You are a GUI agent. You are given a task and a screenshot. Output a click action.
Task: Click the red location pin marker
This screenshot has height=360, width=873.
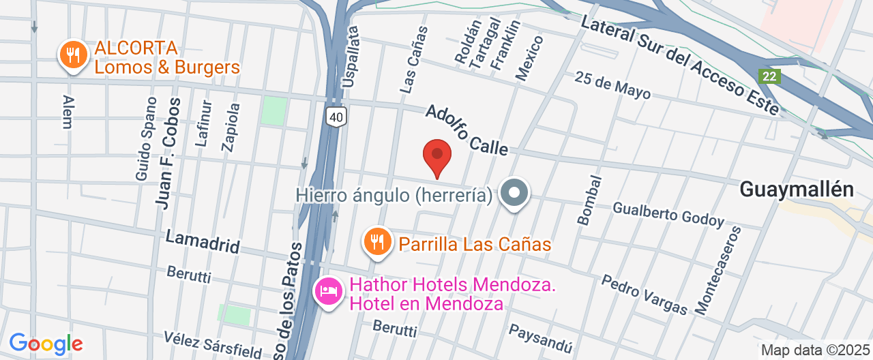click(x=437, y=156)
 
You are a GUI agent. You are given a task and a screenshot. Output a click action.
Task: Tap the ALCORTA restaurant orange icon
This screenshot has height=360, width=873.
click(x=72, y=55)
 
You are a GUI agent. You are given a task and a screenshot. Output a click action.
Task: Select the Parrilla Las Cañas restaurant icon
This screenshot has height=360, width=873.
click(x=376, y=241)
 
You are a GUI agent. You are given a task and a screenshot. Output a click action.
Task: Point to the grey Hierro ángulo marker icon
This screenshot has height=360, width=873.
click(x=514, y=194)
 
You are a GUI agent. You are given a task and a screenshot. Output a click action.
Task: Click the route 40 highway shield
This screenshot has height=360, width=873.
click(x=335, y=117)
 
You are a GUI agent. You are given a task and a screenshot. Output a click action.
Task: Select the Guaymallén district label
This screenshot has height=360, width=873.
click(x=797, y=190)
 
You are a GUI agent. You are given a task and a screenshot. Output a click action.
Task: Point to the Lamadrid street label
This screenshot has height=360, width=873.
click(x=203, y=241)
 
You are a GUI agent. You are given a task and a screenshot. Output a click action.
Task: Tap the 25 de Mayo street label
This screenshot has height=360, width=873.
click(x=612, y=85)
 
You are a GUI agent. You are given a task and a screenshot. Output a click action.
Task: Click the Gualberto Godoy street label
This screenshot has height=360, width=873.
click(x=668, y=213)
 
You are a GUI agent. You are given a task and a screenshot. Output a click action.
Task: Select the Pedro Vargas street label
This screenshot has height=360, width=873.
click(x=645, y=295)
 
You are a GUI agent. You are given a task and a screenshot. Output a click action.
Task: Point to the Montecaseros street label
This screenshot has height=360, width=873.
click(x=718, y=270)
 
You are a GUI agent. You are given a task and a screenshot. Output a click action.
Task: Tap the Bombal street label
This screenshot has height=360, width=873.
click(x=590, y=200)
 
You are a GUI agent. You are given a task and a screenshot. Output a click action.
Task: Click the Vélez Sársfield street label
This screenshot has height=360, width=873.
click(x=213, y=345)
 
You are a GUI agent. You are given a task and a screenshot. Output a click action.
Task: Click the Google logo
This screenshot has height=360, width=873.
click(x=46, y=344)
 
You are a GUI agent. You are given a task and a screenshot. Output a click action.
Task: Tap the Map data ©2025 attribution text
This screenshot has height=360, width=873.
click(x=815, y=350)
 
